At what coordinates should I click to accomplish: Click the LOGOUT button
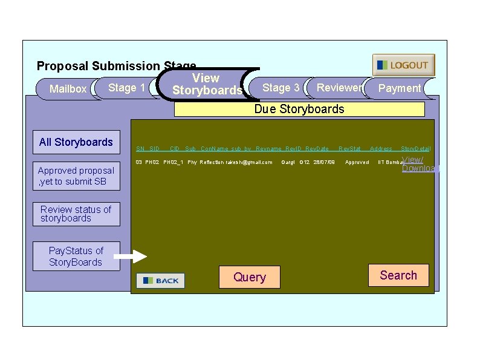click(x=403, y=65)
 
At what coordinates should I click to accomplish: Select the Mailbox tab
click(x=67, y=89)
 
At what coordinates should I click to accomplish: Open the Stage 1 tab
click(x=126, y=88)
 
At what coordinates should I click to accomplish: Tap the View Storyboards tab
click(x=206, y=84)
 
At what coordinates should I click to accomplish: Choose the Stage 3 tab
click(x=281, y=88)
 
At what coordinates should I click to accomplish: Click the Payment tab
click(x=399, y=88)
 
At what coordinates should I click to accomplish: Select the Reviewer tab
click(x=339, y=88)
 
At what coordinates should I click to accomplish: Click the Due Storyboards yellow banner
click(x=299, y=109)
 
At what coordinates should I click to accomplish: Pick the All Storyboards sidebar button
click(x=76, y=142)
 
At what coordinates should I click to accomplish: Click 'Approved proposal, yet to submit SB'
click(x=76, y=175)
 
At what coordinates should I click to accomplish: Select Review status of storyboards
click(x=76, y=214)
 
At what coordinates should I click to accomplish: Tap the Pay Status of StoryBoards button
click(x=76, y=256)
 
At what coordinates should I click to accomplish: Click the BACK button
click(x=161, y=281)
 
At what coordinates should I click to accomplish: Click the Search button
click(x=398, y=275)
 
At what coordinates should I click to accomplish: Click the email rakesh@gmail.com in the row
click(x=248, y=162)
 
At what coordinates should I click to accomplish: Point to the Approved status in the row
click(x=357, y=162)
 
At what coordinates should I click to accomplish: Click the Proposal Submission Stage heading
click(x=116, y=65)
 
